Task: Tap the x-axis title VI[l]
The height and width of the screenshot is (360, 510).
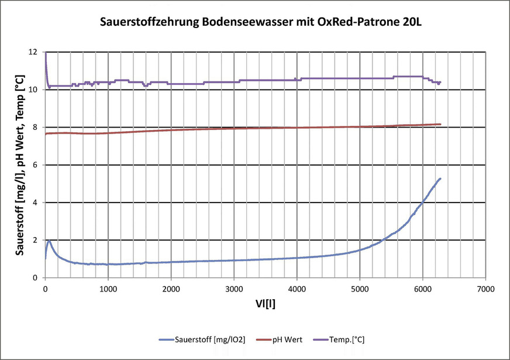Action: tap(264, 304)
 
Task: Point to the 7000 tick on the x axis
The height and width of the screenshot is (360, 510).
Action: tap(485, 289)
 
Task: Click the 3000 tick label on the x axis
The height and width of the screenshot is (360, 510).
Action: tap(234, 289)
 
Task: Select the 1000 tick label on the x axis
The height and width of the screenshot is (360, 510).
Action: tap(108, 289)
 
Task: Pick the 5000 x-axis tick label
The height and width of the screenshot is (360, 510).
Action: tap(360, 289)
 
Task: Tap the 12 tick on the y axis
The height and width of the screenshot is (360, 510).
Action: tap(33, 52)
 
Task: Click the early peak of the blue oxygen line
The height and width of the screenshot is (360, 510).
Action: tap(50, 241)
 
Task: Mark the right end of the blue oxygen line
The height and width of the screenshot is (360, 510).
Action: tap(440, 179)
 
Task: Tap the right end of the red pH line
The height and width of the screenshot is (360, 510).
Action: tap(440, 124)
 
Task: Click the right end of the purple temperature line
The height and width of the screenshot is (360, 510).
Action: tap(440, 83)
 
